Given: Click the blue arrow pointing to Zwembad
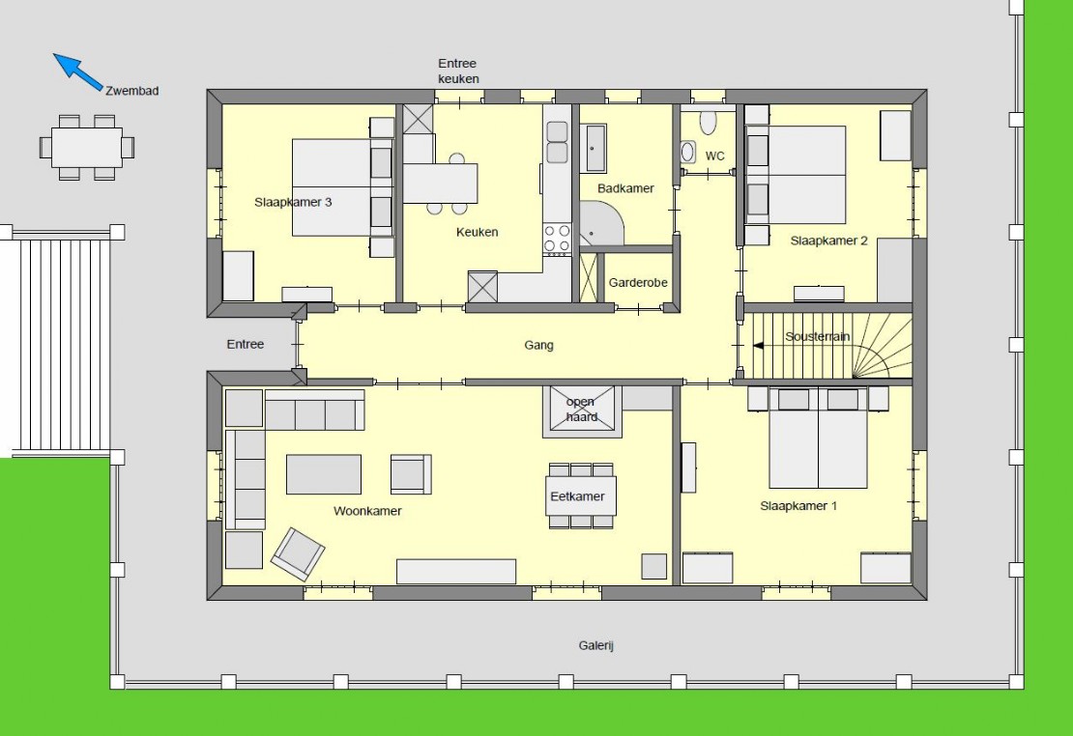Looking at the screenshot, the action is click(78, 72).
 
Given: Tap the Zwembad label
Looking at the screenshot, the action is click(132, 90).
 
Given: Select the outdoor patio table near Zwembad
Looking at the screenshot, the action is click(87, 147).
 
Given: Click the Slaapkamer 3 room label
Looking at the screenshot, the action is click(293, 202).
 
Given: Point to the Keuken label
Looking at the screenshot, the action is click(477, 232).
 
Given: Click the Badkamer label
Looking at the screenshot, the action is click(625, 188).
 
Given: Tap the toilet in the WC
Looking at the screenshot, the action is click(708, 123).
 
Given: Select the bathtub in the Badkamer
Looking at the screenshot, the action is click(595, 148).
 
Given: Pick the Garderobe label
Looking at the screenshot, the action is click(638, 282).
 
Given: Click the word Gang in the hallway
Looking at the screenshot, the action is click(538, 345).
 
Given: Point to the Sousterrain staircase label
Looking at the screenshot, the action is click(817, 336).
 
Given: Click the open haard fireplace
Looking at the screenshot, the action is click(582, 411).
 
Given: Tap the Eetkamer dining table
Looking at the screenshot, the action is click(582, 495).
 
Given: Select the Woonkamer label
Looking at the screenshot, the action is click(367, 511).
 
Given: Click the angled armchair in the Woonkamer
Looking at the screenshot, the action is click(298, 554).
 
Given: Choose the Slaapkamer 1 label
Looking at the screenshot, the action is click(797, 505).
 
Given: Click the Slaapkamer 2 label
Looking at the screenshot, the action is click(828, 241).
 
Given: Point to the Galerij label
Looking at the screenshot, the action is click(596, 645).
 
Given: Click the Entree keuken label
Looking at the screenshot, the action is click(458, 71).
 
